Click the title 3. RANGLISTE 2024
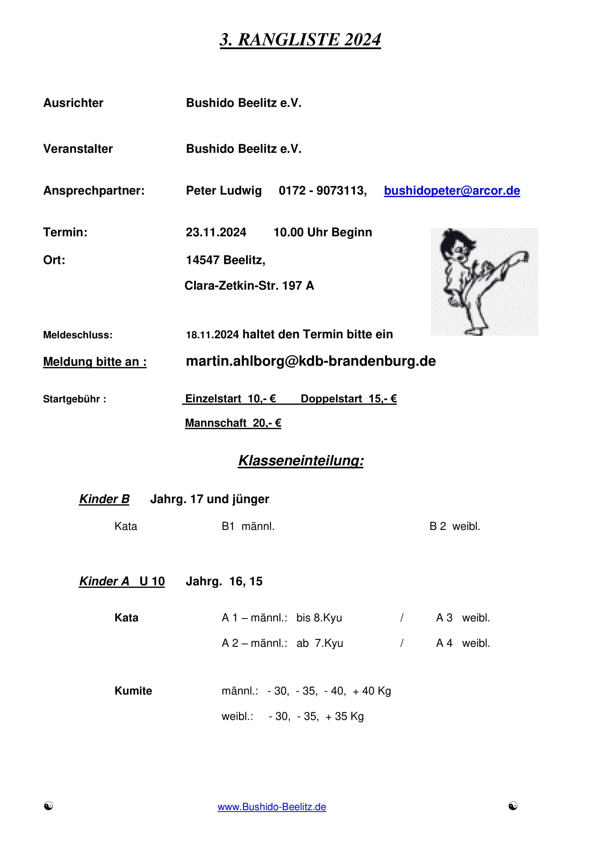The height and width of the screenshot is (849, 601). pyautogui.click(x=300, y=40)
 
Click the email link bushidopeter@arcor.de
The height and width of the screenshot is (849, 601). pyautogui.click(x=452, y=191)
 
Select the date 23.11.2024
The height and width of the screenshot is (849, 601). pyautogui.click(x=216, y=232)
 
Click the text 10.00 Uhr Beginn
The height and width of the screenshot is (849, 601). pyautogui.click(x=323, y=232)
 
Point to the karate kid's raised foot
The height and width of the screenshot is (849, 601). pyautogui.click(x=523, y=256)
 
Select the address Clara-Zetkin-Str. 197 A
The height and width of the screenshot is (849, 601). pyautogui.click(x=249, y=285)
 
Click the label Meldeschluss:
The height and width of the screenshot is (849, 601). pyautogui.click(x=78, y=335)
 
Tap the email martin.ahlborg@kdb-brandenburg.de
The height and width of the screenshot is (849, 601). pyautogui.click(x=311, y=361)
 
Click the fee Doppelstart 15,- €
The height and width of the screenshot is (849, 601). pyautogui.click(x=348, y=399)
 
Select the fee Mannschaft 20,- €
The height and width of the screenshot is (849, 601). pyautogui.click(x=233, y=423)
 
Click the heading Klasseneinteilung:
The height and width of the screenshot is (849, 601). pyautogui.click(x=300, y=460)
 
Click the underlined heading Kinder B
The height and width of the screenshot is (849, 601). pyautogui.click(x=104, y=499)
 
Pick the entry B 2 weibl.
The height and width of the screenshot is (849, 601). pyautogui.click(x=455, y=526)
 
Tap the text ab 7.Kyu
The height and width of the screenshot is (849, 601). pyautogui.click(x=320, y=643)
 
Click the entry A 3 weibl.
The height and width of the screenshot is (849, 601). pyautogui.click(x=463, y=617)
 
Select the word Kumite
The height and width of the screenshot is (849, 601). pyautogui.click(x=133, y=691)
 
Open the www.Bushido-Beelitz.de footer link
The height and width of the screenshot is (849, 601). pyautogui.click(x=272, y=807)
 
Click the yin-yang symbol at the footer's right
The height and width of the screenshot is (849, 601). pyautogui.click(x=513, y=806)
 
